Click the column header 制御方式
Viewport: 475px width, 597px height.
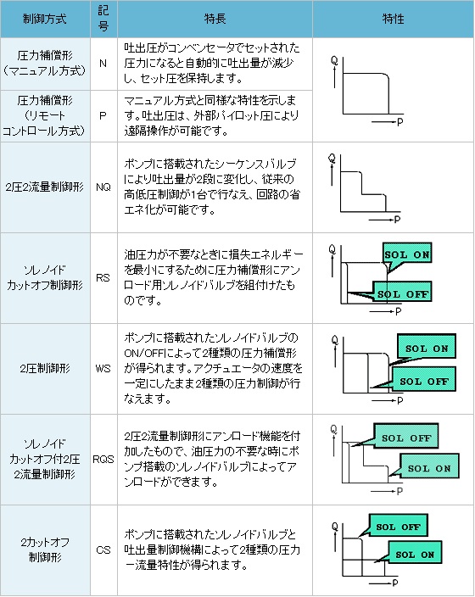pos(45,19)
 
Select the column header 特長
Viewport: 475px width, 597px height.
pos(215,19)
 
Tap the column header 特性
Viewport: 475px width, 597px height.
pos(393,19)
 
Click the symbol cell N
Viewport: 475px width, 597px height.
pos(103,64)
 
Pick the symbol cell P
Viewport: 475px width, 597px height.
pos(103,115)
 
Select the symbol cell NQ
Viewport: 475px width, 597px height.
pos(103,187)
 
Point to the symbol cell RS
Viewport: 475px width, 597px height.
pos(103,278)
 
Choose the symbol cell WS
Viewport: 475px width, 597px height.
pos(103,369)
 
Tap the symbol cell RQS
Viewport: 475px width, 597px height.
pos(103,459)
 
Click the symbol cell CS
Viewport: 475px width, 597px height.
pos(103,550)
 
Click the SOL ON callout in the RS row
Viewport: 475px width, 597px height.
pos(407,254)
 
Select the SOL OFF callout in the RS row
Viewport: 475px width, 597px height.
pos(402,293)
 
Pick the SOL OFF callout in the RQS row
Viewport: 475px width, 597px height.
pos(405,437)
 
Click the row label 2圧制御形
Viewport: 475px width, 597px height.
pos(45,369)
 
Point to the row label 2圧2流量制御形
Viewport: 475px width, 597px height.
pos(45,187)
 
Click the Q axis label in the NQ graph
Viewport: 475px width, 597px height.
pos(332,158)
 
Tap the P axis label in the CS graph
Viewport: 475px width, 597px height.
pos(395,583)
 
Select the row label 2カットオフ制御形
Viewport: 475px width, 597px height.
pos(45,550)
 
